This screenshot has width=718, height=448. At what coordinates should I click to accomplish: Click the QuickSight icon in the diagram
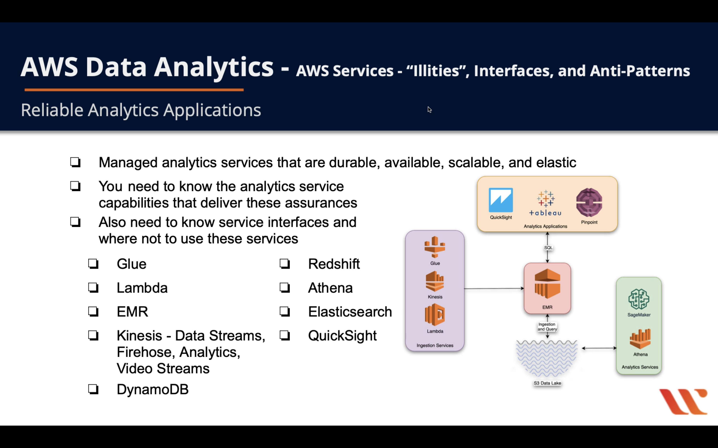tap(500, 200)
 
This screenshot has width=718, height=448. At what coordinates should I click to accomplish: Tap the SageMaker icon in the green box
tap(639, 299)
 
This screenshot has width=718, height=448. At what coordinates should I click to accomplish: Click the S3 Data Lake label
tap(547, 383)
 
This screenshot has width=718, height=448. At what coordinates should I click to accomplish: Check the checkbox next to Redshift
tap(284, 264)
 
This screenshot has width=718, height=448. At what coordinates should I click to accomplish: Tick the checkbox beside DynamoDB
tap(93, 389)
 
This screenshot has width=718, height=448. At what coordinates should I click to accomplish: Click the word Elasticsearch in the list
tap(350, 312)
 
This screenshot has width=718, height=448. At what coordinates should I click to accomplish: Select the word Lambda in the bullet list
tap(142, 288)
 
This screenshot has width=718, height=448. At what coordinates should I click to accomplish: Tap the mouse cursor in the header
tap(429, 110)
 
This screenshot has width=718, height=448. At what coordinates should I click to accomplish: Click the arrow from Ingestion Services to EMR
tap(494, 288)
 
